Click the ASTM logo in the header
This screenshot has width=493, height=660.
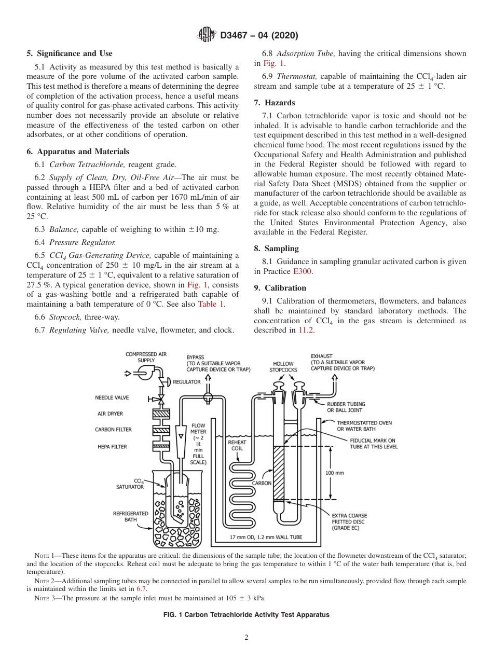(207, 35)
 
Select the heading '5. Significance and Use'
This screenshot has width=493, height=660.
(69, 53)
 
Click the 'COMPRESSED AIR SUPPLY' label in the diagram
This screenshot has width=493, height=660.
(146, 357)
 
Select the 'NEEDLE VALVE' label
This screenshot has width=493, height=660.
(112, 398)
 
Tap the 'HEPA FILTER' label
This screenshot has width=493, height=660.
(112, 447)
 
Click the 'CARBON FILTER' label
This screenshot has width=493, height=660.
(113, 430)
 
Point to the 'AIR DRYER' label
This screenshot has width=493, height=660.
(111, 414)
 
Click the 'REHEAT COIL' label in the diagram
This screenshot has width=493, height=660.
(237, 446)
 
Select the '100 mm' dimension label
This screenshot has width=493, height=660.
(334, 473)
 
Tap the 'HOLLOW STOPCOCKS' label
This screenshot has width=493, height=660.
(283, 367)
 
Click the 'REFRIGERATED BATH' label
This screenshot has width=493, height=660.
(130, 516)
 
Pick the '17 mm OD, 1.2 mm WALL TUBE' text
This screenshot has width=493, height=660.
(266, 537)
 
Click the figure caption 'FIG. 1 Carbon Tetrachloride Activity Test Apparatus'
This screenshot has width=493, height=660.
(246, 614)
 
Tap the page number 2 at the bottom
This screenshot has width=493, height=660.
(246, 638)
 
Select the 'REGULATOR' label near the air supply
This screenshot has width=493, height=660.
(186, 382)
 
